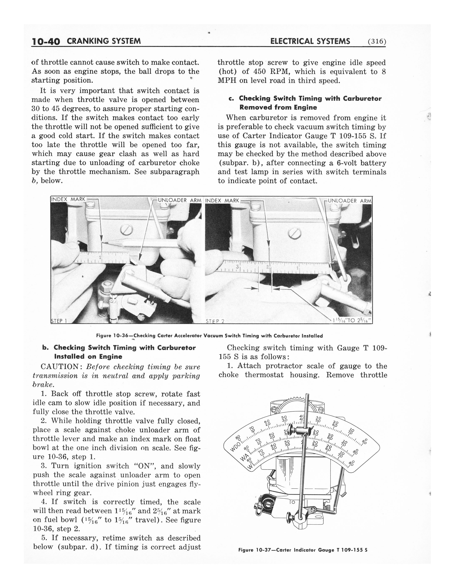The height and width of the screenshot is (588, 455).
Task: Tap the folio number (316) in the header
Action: coord(376,42)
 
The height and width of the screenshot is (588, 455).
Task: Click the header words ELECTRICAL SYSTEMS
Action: coord(310,41)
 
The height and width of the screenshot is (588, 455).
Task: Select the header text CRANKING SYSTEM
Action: coord(104,41)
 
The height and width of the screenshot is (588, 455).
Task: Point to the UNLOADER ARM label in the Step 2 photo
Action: coord(349,201)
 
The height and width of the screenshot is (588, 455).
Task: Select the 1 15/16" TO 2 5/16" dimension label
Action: coord(352,320)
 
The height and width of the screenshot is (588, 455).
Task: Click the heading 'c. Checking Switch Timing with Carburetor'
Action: coord(305,98)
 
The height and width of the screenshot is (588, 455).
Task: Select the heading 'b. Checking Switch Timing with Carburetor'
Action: coord(119,348)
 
